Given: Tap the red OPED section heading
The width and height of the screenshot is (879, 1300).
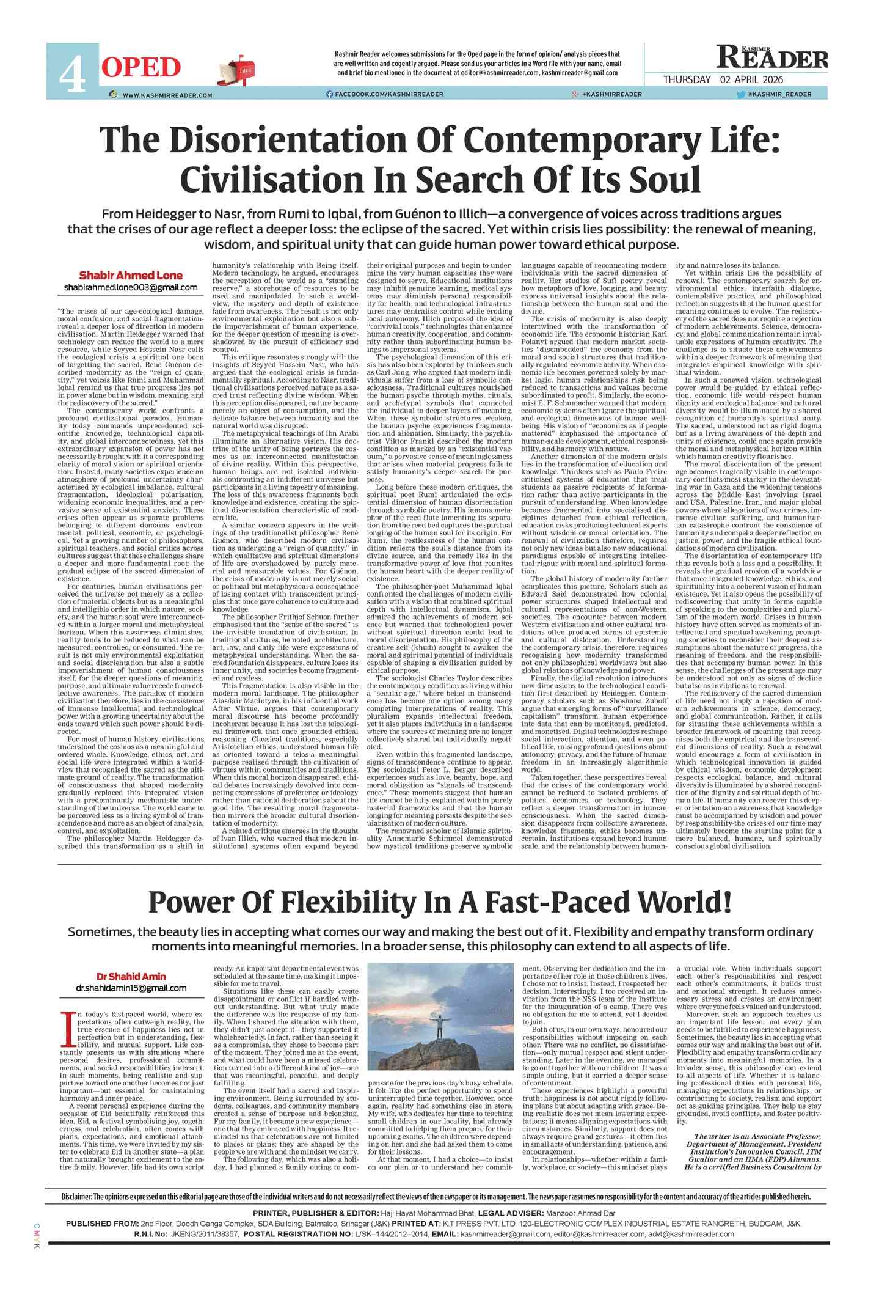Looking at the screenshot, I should [141, 68].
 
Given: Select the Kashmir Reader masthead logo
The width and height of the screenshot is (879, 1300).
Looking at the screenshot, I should [772, 57].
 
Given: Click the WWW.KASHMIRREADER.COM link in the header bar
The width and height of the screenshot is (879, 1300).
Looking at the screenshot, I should [167, 95].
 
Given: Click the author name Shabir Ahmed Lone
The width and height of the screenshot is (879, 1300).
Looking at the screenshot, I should [130, 275].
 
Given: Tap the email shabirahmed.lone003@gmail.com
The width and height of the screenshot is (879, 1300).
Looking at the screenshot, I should [130, 287].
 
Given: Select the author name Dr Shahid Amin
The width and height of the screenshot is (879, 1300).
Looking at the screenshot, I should [131, 976].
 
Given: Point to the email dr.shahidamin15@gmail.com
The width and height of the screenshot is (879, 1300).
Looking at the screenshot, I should [131, 988].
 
